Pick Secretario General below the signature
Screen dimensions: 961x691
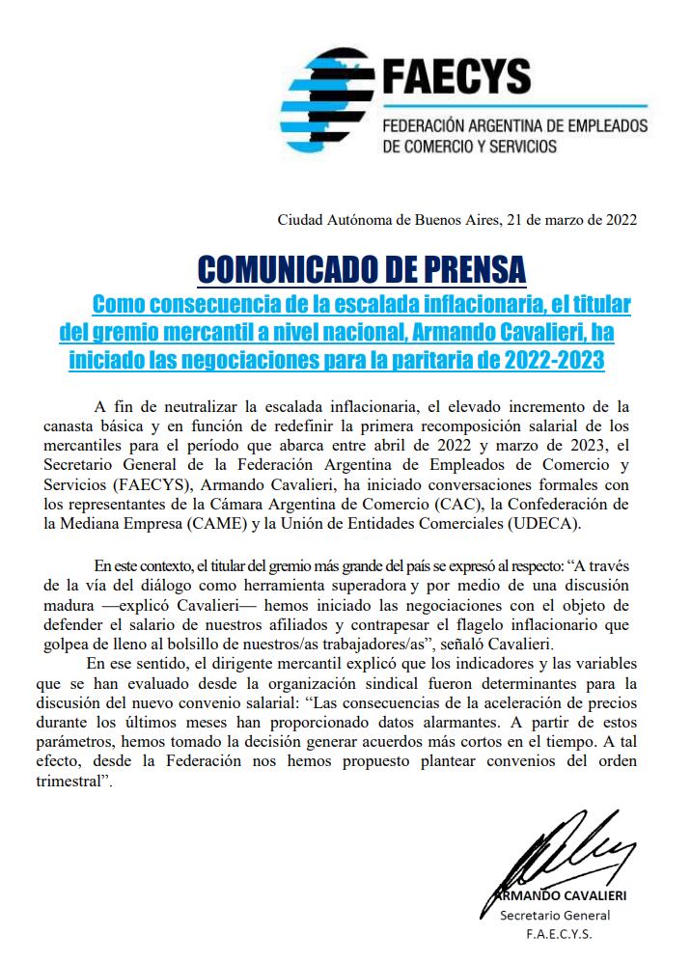tap(555, 915)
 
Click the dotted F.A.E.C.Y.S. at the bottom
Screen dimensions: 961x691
tap(559, 935)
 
